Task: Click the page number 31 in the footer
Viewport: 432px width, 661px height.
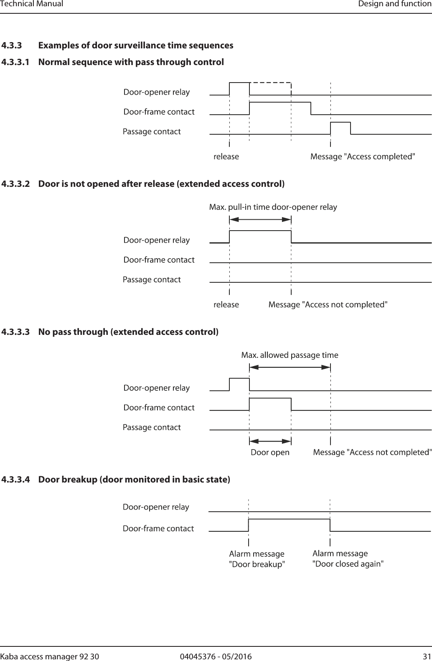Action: click(x=427, y=657)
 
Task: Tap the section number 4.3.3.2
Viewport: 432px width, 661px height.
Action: click(x=16, y=184)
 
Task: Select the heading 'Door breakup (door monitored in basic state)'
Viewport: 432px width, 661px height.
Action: click(x=134, y=480)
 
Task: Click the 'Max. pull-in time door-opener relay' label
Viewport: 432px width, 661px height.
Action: click(x=273, y=207)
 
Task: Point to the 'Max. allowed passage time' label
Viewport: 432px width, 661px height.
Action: click(x=290, y=355)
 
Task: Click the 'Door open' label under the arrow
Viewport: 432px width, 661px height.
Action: click(x=270, y=452)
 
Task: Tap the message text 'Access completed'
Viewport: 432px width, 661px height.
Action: click(x=363, y=157)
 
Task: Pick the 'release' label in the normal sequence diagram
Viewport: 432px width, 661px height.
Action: click(x=226, y=157)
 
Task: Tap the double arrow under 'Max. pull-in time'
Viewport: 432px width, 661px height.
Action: click(x=260, y=219)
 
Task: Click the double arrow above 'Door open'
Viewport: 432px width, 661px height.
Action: click(x=270, y=441)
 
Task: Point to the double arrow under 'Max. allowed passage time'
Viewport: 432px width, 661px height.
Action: click(x=290, y=367)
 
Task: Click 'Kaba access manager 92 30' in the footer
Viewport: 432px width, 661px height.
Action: click(x=50, y=657)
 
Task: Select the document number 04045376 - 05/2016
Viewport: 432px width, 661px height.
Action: click(x=216, y=657)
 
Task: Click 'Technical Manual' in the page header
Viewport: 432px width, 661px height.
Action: click(x=32, y=4)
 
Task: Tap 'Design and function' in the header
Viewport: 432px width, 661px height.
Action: click(x=394, y=4)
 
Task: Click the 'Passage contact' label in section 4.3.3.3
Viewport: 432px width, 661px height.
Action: click(x=152, y=427)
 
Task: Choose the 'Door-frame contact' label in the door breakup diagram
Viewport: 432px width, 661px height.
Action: click(x=158, y=529)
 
